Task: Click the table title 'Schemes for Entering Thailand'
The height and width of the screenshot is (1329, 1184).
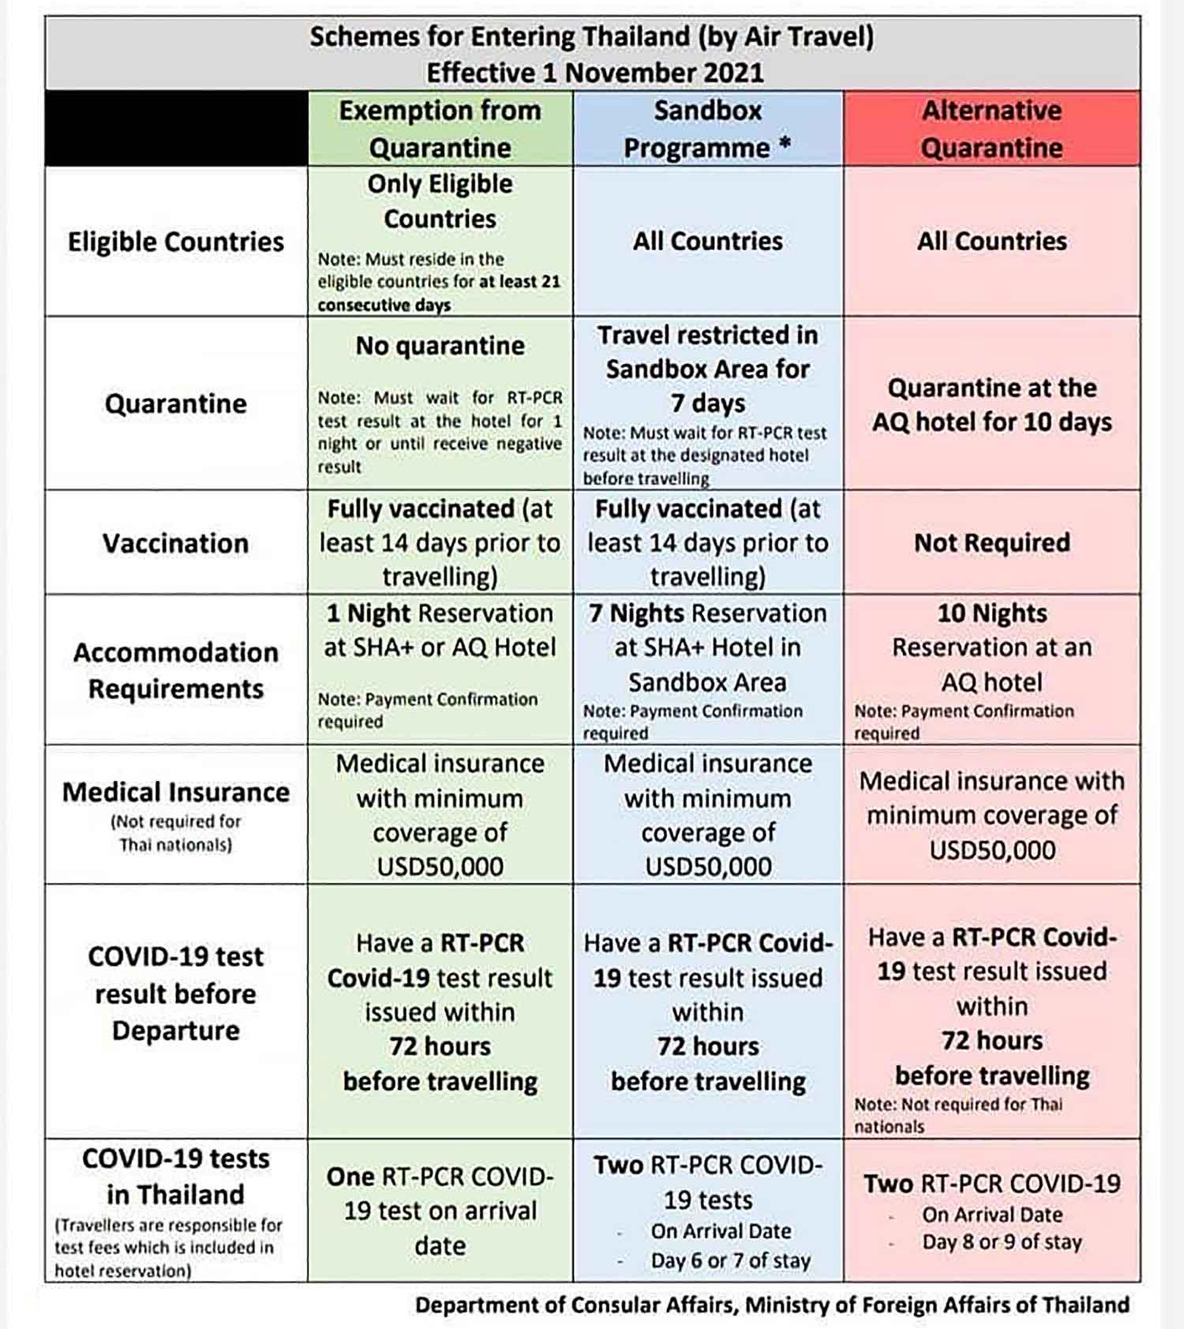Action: coord(591,37)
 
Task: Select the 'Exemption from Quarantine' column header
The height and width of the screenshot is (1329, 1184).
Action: coord(440,129)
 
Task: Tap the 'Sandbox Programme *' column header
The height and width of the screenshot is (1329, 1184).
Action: coord(707,129)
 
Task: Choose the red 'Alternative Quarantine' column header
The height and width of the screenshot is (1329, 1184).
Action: coord(991,129)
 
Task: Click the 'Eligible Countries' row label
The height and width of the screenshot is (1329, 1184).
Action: coord(175,242)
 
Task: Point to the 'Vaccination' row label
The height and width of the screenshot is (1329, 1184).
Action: coord(175,543)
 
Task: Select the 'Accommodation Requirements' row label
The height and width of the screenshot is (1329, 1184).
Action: coord(175,670)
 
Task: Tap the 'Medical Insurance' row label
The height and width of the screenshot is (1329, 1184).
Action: coord(175,792)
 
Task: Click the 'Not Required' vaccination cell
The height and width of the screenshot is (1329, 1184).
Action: coord(991,542)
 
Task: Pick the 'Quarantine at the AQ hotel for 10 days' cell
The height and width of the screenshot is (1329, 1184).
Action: coord(991,404)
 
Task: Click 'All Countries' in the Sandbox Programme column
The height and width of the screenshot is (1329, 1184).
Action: coord(707,241)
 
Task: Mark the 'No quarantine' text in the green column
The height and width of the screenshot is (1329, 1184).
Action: coord(440,345)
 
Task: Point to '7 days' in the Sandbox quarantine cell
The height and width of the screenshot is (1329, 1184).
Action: coord(707,403)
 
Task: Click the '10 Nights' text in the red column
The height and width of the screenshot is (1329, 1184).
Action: coord(991,613)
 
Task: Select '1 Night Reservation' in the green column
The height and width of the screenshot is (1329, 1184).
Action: coord(440,613)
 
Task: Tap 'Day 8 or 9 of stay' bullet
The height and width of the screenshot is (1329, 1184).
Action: coord(1002,1242)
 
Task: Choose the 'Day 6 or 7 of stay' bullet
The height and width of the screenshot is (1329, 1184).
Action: coord(730,1261)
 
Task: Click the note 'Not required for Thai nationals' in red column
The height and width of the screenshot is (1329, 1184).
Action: coord(957,1115)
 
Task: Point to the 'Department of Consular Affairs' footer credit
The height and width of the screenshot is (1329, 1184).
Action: coord(772,1305)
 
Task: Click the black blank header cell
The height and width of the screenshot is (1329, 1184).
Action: coord(176,129)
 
